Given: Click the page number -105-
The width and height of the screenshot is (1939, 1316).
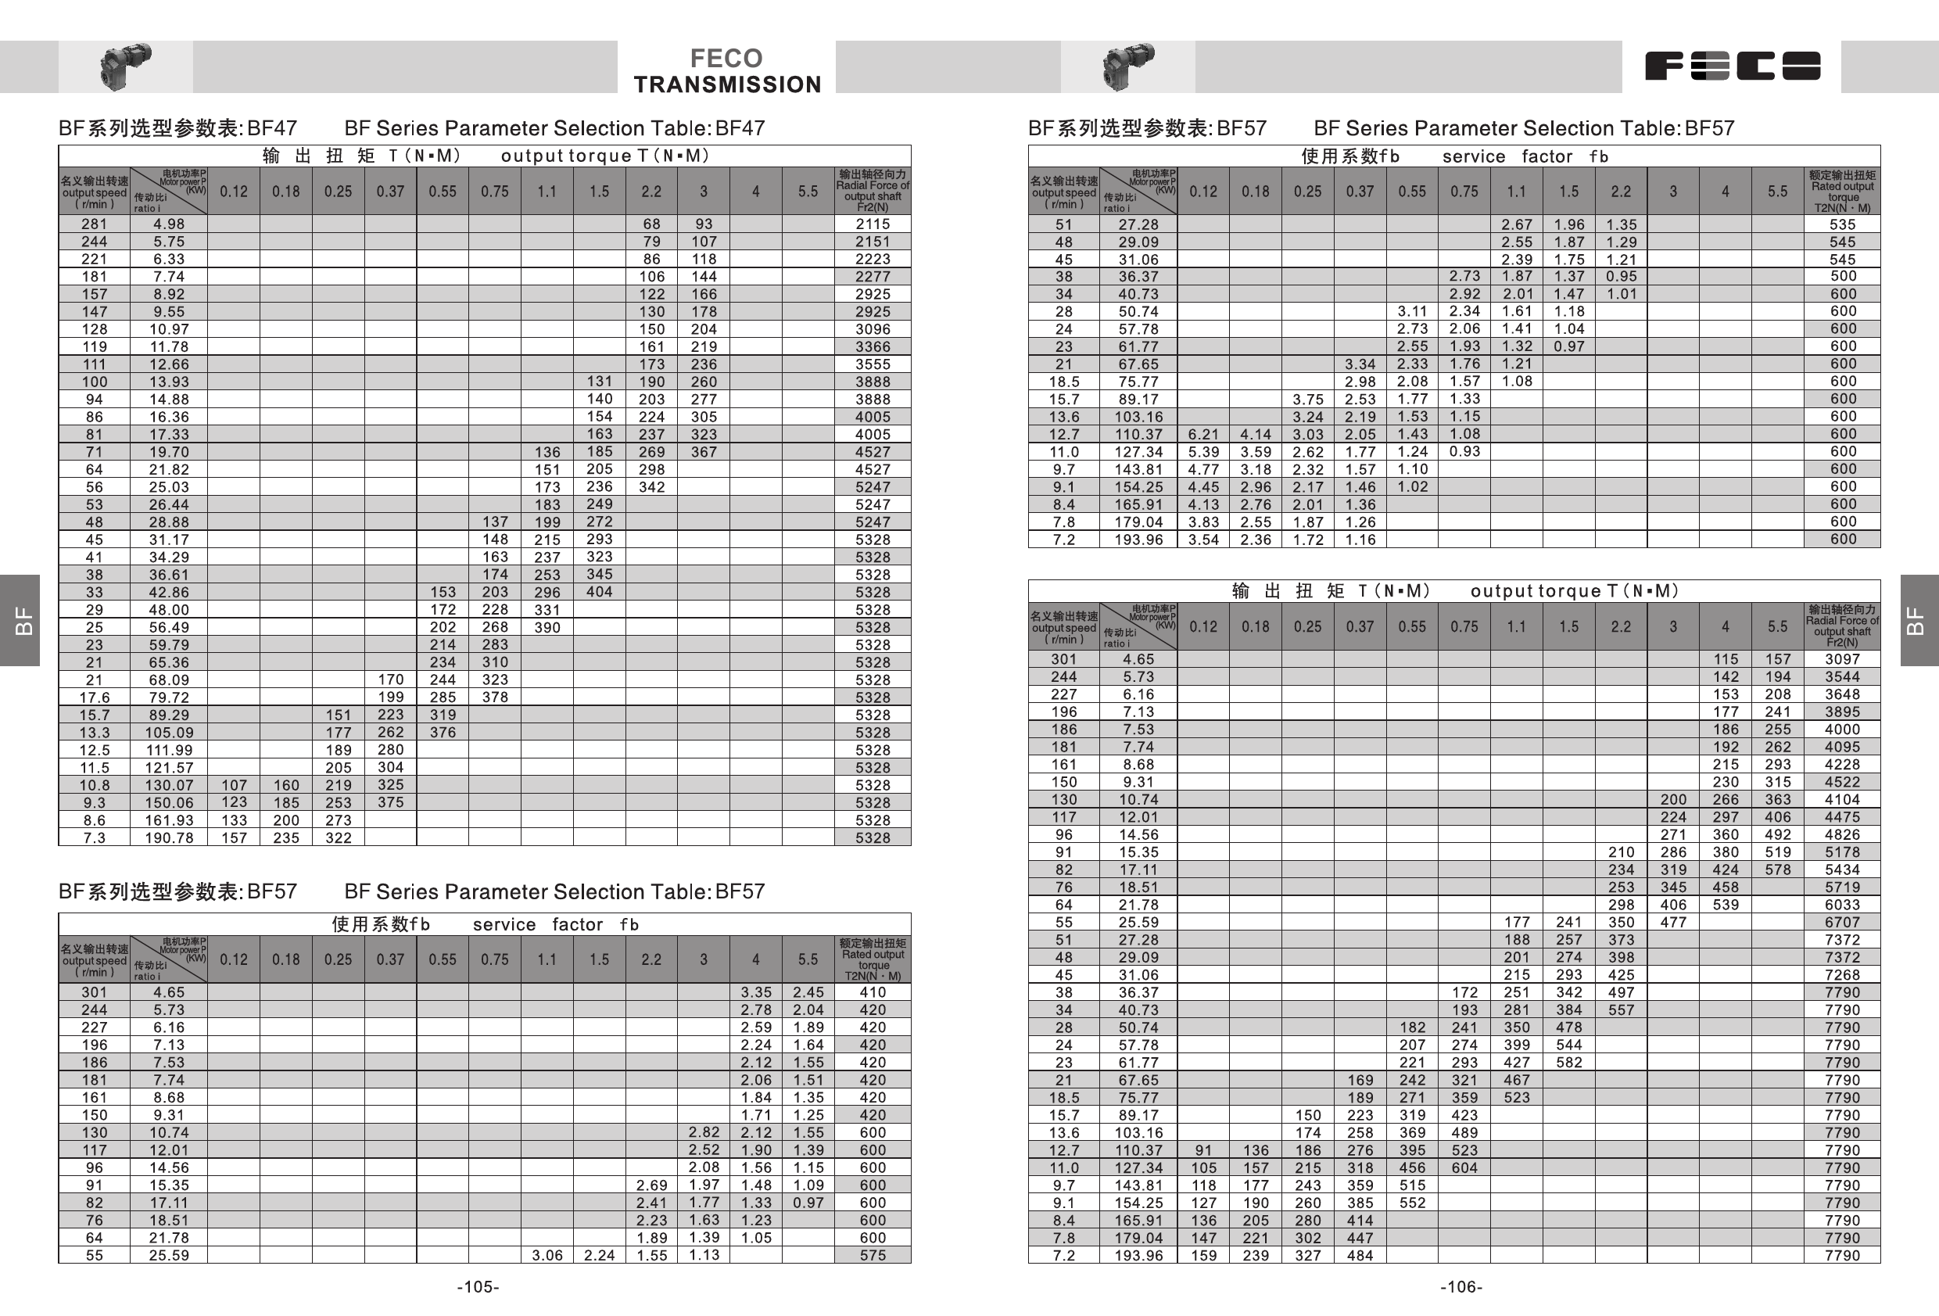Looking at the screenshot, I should [478, 1287].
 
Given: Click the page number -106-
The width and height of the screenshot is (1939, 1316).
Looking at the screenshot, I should [1461, 1287].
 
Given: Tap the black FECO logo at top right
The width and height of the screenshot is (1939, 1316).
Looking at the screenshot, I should [1732, 66].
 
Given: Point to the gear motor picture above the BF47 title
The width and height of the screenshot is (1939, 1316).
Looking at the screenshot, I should [125, 66].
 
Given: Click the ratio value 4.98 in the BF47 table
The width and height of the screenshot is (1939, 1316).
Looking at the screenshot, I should [169, 224].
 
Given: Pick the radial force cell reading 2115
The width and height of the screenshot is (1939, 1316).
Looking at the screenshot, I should [873, 224].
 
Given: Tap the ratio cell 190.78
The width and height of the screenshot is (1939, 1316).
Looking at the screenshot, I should [169, 837].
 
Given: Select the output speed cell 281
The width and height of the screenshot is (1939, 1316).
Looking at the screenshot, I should [95, 224].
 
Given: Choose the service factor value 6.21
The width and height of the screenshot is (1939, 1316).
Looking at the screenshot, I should [1203, 434].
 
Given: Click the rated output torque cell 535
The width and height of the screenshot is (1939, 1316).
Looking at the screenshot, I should [1842, 224].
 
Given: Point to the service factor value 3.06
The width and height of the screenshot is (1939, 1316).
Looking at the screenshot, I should [547, 1255].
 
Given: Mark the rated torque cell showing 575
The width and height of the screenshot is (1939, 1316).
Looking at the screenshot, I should [873, 1255].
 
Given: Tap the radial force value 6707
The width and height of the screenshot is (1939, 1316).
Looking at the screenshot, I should [1842, 922].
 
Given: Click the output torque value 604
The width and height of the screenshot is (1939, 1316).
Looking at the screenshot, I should [1464, 1167].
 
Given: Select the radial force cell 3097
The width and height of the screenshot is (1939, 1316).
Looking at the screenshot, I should [1842, 659].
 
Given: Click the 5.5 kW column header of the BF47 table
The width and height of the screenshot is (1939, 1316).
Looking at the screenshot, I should [808, 191].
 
